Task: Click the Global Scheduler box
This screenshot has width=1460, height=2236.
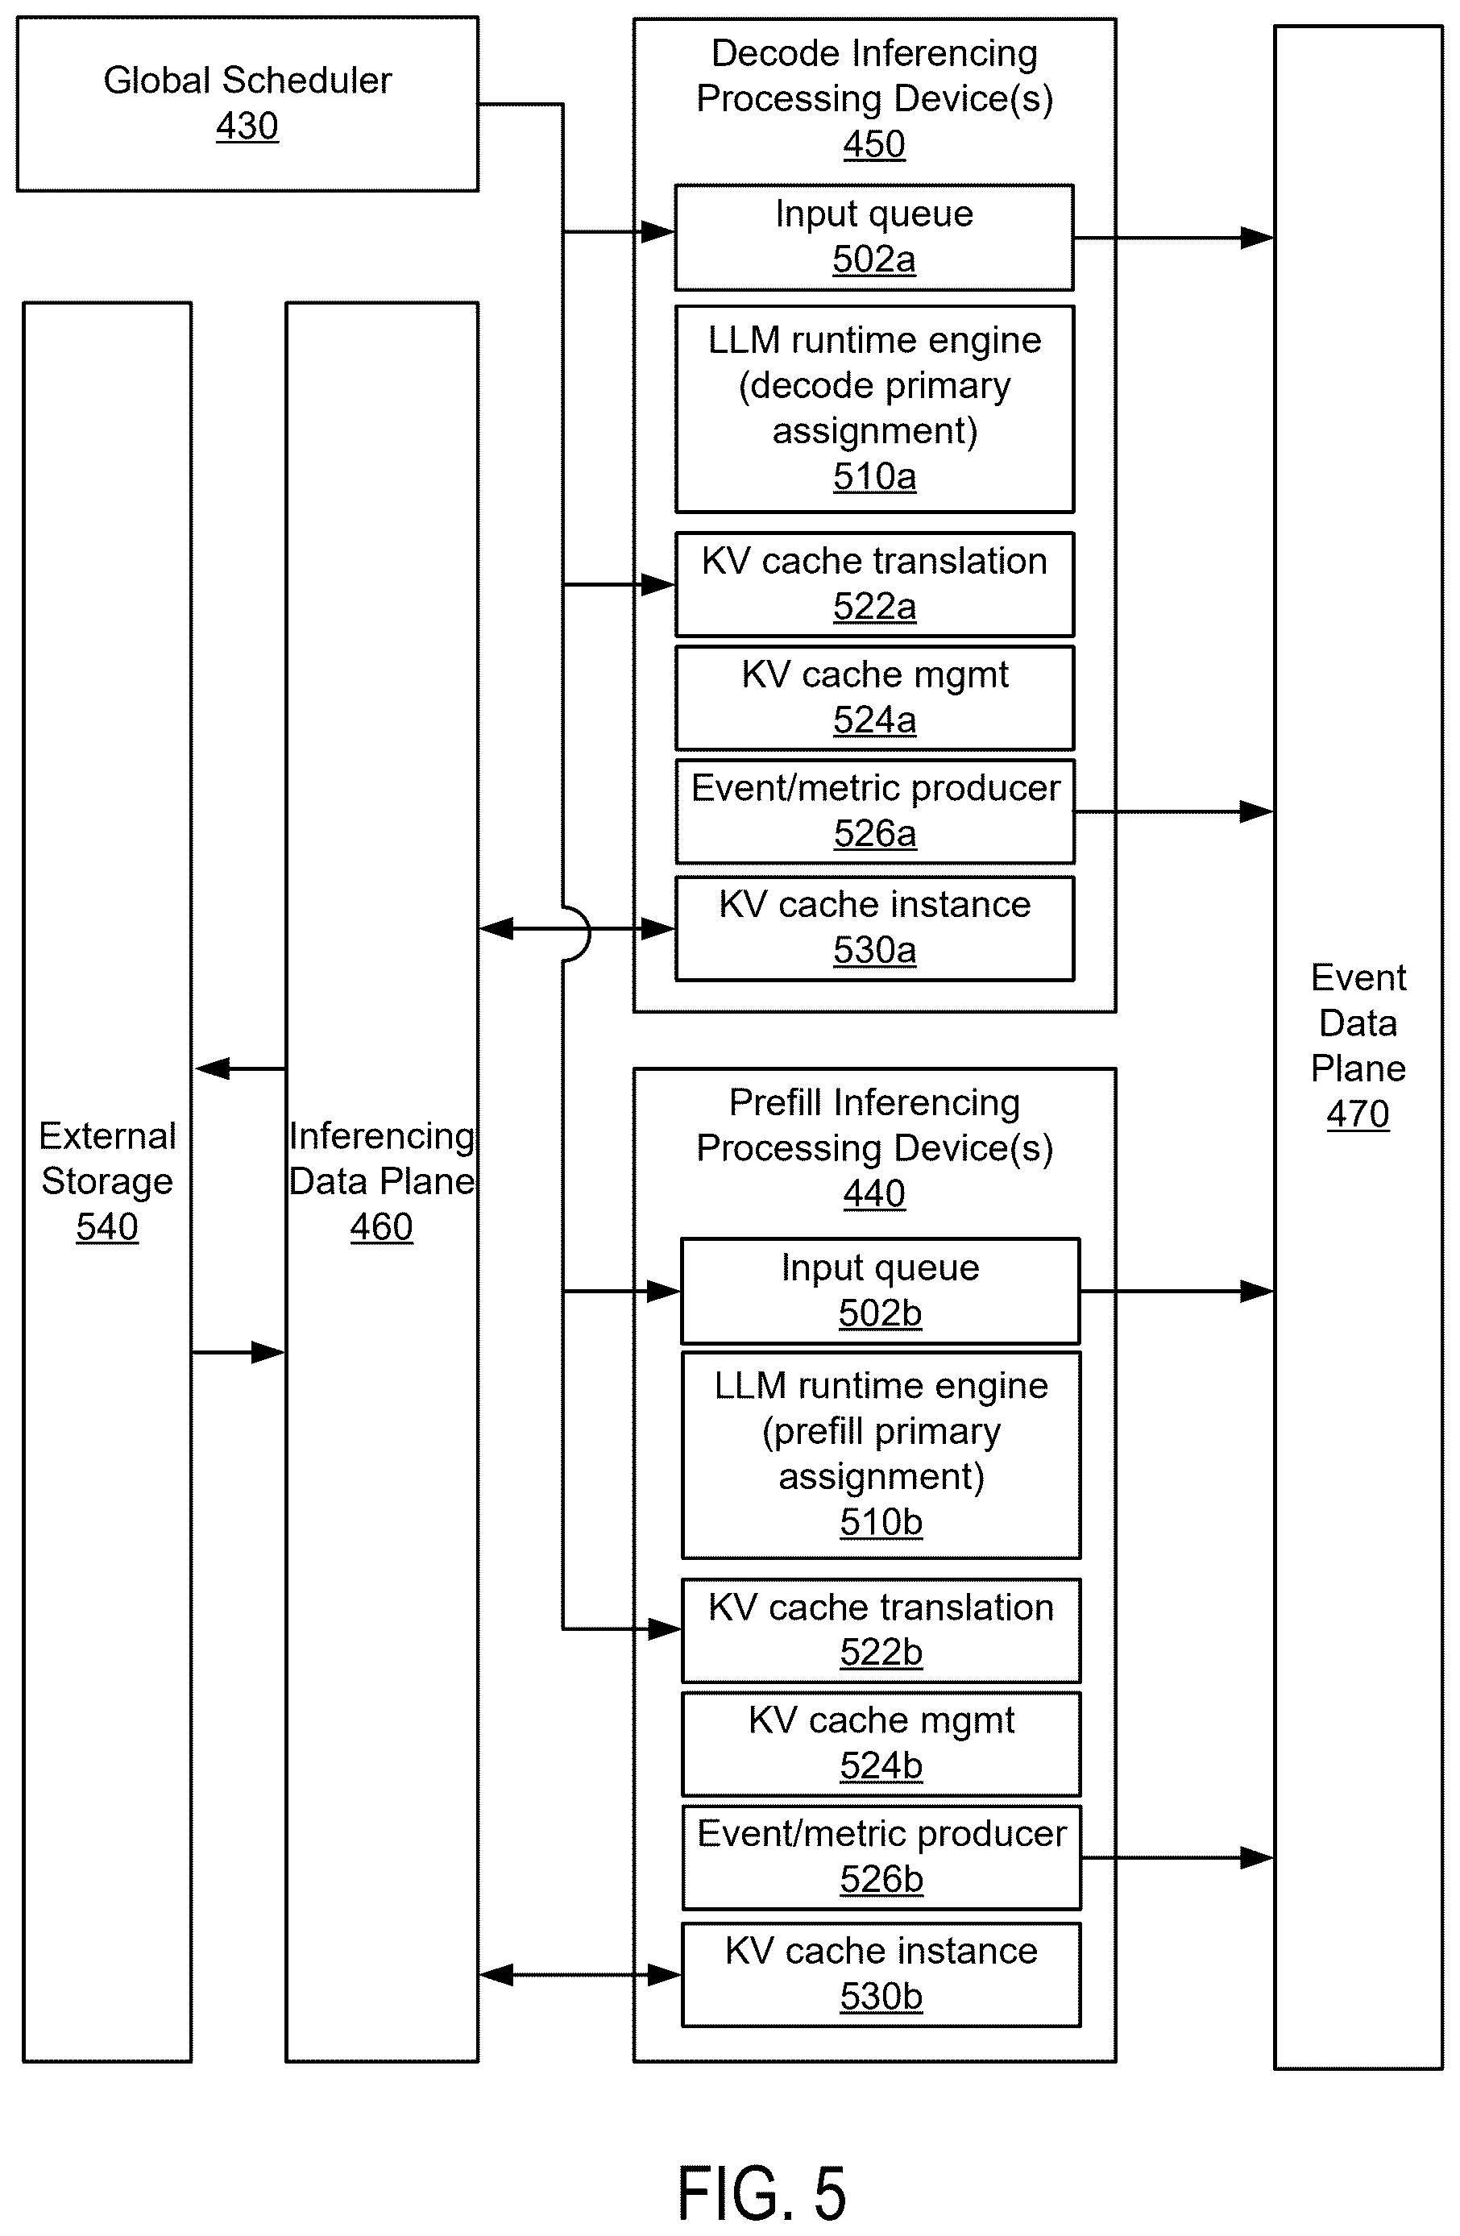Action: click(247, 104)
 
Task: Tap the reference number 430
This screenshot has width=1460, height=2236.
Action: click(247, 126)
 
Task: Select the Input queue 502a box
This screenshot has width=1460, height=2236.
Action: click(873, 238)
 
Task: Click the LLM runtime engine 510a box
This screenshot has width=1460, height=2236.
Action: click(873, 409)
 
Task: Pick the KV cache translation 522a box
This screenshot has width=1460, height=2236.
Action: click(873, 584)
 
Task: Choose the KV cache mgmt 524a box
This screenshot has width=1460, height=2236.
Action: click(873, 697)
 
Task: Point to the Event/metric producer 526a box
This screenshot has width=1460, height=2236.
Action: click(873, 811)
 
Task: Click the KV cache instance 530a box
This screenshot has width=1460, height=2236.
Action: click(873, 928)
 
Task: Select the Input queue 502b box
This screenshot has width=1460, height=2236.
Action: click(881, 1291)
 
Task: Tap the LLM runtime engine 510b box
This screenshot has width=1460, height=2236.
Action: click(881, 1454)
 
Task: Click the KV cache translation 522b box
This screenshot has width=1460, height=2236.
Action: click(881, 1630)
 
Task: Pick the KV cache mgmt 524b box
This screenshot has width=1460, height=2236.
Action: click(881, 1744)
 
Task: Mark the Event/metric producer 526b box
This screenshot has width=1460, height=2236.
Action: click(881, 1857)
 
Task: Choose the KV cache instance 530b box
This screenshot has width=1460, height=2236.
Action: click(881, 1975)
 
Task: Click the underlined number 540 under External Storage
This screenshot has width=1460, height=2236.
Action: click(107, 1227)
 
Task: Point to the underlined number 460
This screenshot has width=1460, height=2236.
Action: click(381, 1227)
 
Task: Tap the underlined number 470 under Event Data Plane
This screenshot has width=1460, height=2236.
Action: click(1358, 1114)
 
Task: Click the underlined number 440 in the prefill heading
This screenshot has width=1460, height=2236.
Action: click(873, 1194)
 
